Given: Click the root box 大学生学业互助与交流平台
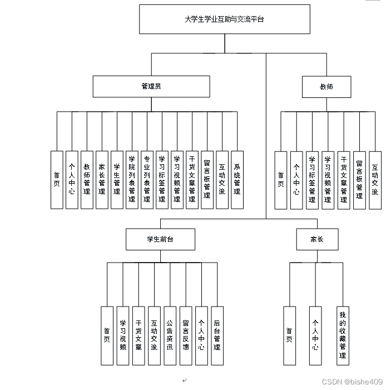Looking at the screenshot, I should tap(224, 19).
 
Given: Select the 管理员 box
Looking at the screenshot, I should tap(151, 87).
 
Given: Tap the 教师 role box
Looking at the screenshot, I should tap(326, 87).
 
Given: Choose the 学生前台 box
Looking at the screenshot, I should tap(160, 239).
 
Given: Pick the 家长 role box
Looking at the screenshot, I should tap(317, 239).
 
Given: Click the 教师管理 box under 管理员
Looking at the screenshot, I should tap(87, 180).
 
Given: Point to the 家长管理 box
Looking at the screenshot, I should tap(102, 180).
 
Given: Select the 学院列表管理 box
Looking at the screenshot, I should tap(132, 180).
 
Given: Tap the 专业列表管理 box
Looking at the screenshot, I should tap(147, 180).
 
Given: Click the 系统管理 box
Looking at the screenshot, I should tap(237, 180).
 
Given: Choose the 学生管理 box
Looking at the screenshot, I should tap(117, 180).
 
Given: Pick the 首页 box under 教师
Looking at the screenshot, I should tap(281, 180).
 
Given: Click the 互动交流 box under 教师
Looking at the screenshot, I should tap(375, 180).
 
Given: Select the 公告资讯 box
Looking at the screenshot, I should tap(170, 335).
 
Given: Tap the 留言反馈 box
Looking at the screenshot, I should tap(186, 335).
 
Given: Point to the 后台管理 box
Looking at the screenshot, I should tap(217, 335).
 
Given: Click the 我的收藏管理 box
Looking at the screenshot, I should tap(343, 335).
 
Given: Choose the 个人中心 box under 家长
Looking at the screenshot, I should tap(315, 335).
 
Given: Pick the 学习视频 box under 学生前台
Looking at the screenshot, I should tap(123, 335).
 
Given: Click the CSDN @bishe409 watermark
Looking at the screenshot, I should tap(352, 382).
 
